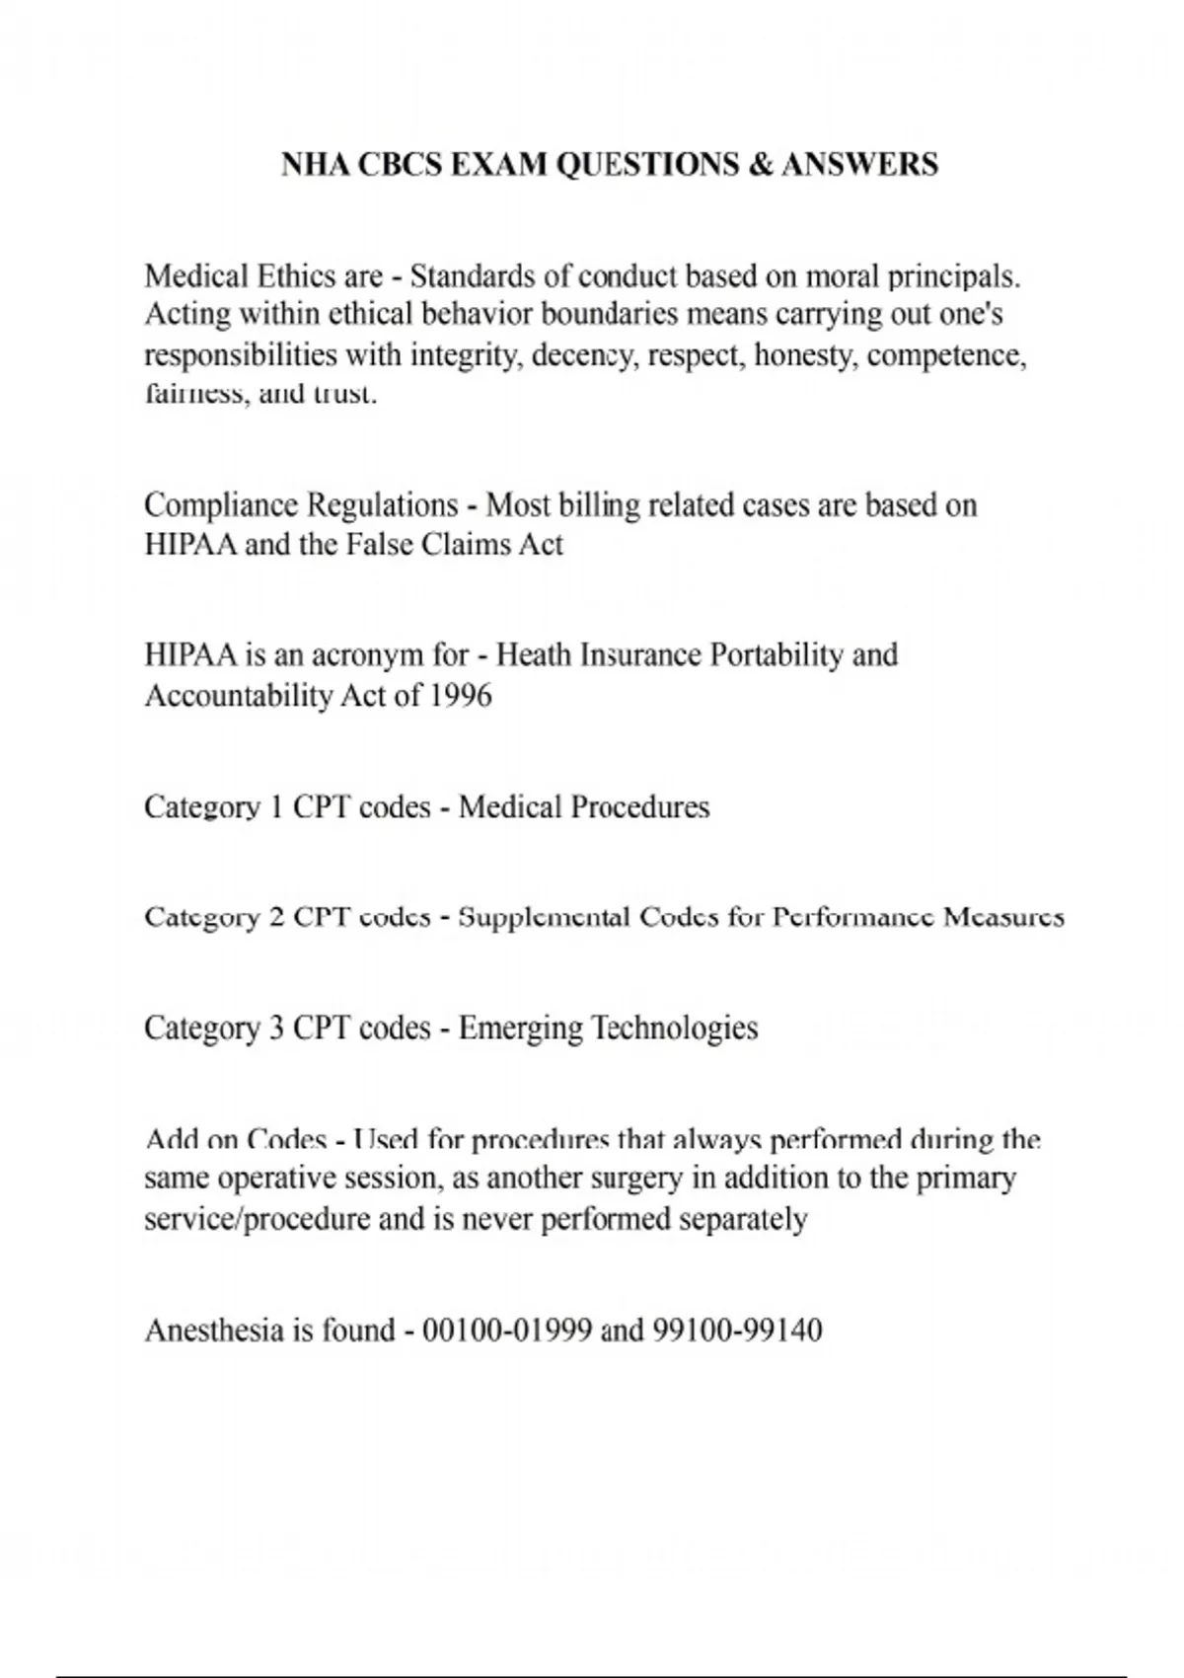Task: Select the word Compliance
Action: [x=222, y=505]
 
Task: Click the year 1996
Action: [x=461, y=696]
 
